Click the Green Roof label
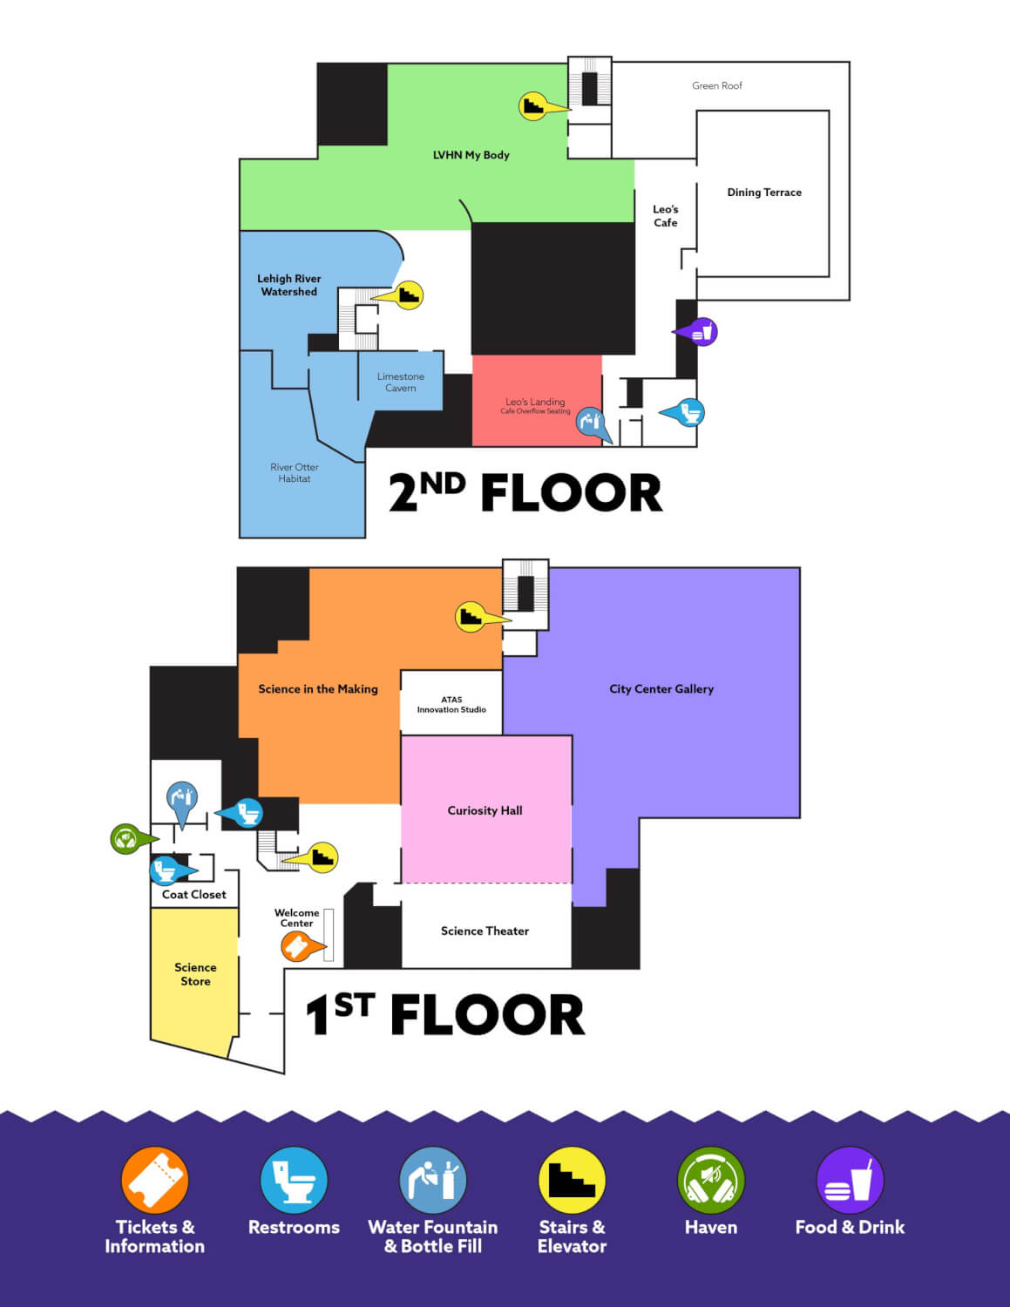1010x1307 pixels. coord(717,86)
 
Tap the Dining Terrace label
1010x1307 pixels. coord(764,193)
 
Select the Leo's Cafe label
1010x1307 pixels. coord(665,216)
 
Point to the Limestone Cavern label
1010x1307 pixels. coord(401,382)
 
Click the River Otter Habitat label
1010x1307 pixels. coord(295,473)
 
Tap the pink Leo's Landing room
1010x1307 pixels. coord(537,401)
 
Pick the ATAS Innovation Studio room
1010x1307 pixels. coord(451,702)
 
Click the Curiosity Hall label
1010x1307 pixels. coord(485,811)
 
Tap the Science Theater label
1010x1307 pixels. coord(485,931)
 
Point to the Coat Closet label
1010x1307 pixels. coord(193,894)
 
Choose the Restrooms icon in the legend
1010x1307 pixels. coord(295,1180)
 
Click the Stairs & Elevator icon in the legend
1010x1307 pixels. coord(572,1180)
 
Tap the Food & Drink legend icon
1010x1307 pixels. coord(850,1180)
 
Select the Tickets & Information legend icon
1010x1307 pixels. coord(154,1180)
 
